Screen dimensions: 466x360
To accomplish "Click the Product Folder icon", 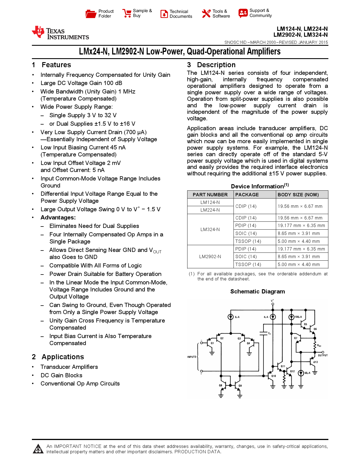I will (x=91, y=14).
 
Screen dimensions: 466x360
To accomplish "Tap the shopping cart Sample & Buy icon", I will (x=127, y=13).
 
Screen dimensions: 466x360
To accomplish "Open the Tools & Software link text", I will (x=221, y=14).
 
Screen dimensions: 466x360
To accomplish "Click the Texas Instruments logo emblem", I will (x=38, y=32).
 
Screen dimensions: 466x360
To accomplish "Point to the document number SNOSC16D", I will (x=235, y=42).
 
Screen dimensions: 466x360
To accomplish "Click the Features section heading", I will (x=56, y=65).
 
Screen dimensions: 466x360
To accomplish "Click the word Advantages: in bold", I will (x=58, y=217).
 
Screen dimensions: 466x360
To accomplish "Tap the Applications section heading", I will (x=63, y=357).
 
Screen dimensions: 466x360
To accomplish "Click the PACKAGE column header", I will (x=247, y=195).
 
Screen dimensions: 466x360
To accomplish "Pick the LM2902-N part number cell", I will (x=210, y=256).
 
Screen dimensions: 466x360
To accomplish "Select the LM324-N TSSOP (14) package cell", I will (x=248, y=241).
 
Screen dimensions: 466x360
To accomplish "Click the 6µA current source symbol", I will (x=231, y=317).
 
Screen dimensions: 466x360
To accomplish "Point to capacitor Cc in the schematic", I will (x=264, y=333).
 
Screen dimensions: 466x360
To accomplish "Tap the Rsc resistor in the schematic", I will (x=315, y=345).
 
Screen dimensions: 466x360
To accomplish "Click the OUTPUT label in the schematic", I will (x=323, y=355).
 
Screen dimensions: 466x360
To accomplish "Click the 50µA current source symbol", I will (x=301, y=373).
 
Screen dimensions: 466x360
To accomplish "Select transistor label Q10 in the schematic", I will (x=274, y=376).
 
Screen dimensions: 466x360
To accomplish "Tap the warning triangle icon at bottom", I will (x=38, y=449).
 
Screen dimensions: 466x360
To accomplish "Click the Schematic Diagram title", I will (x=258, y=291).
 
